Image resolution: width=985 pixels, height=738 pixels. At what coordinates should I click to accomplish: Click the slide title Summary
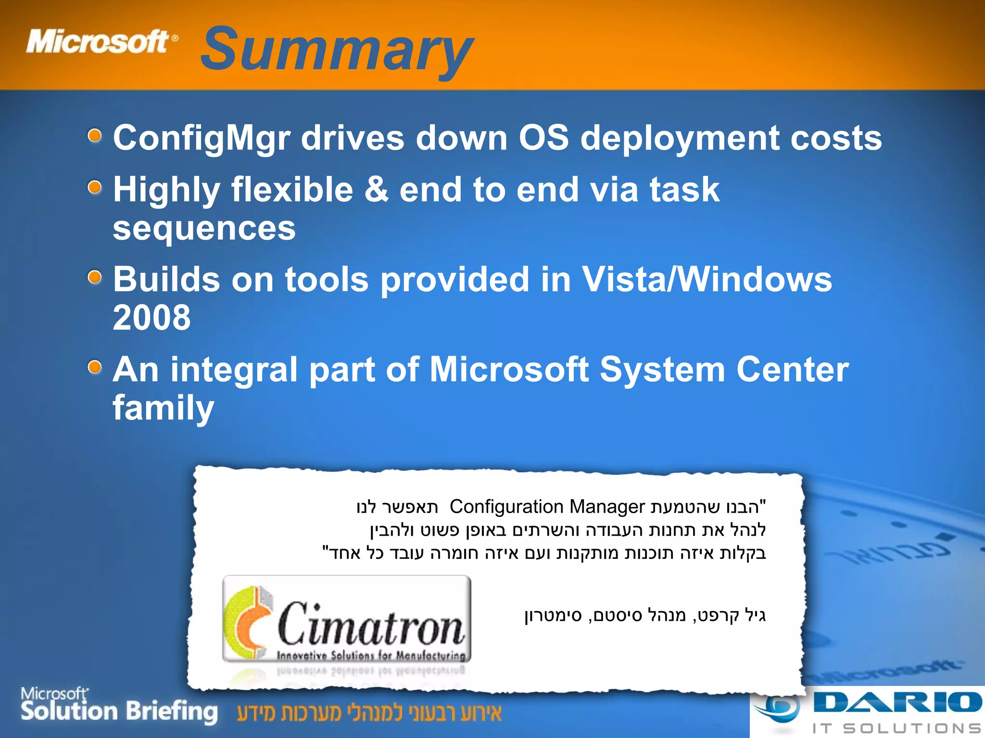click(x=337, y=50)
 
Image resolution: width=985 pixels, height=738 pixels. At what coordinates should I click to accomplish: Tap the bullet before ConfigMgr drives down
click(x=95, y=136)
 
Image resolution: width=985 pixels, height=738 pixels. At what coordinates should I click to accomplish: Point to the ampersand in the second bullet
click(x=376, y=189)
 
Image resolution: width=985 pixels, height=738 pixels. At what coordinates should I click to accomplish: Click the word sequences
click(x=204, y=228)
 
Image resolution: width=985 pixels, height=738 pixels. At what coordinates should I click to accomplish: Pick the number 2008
click(x=152, y=318)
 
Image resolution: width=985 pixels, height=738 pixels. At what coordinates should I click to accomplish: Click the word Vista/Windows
click(x=707, y=279)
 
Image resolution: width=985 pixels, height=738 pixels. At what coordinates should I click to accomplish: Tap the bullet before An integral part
click(x=95, y=368)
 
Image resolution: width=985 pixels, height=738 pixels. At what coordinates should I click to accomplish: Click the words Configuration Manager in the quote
click(x=547, y=507)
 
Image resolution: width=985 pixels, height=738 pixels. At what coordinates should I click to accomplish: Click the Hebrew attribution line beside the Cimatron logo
click(x=644, y=615)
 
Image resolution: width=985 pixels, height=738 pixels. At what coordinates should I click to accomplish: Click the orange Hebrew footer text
click(x=369, y=713)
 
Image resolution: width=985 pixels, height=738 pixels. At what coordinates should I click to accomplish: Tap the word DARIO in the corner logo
click(x=897, y=703)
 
